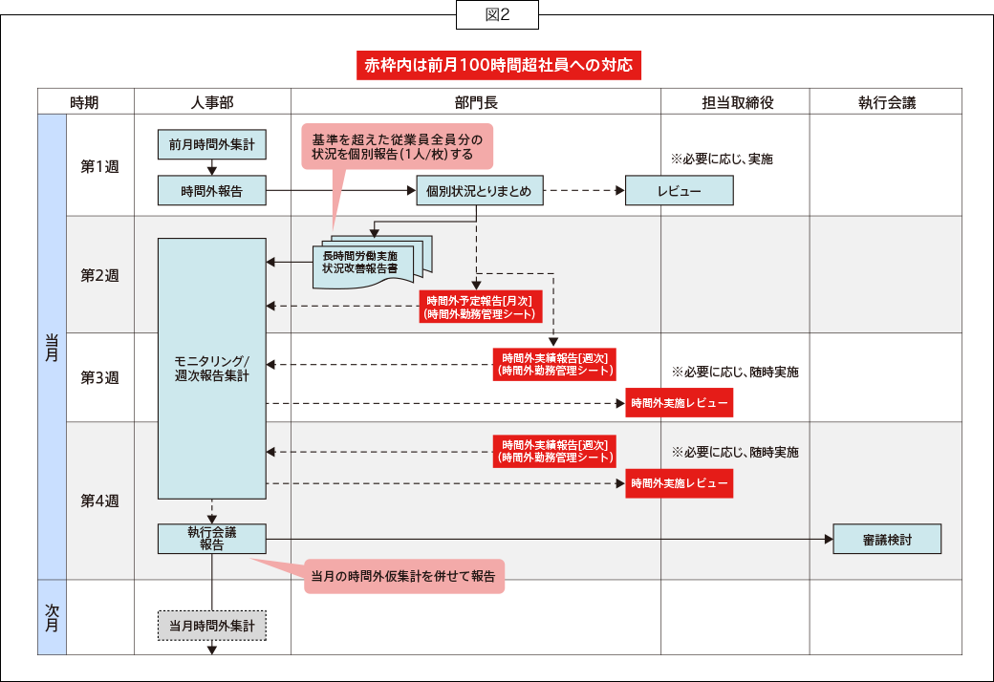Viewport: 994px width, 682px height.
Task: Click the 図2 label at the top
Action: pos(497,14)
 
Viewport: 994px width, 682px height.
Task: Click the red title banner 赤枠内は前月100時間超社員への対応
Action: pos(497,66)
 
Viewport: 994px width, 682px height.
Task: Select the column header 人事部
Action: pos(212,102)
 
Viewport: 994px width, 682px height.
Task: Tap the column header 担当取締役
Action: pos(735,102)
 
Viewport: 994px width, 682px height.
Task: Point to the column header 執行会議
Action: pos(886,102)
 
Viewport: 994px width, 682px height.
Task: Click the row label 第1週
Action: pos(99,165)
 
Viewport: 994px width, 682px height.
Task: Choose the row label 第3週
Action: pos(99,376)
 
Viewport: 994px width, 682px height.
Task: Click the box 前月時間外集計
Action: pos(211,145)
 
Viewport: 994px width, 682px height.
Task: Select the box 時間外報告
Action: pos(211,191)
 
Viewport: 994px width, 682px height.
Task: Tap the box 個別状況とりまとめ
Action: pos(479,191)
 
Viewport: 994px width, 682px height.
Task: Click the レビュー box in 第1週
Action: pos(679,191)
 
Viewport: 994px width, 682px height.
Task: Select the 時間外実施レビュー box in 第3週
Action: pos(679,404)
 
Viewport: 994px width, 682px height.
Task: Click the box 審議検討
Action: pos(887,539)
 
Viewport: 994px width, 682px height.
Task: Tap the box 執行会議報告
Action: pos(211,539)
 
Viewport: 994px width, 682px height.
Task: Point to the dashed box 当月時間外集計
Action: pos(211,627)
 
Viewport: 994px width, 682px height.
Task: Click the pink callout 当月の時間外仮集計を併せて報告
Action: pos(403,576)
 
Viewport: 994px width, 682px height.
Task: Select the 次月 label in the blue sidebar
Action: pos(52,616)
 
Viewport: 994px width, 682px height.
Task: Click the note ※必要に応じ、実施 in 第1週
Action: pos(722,159)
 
